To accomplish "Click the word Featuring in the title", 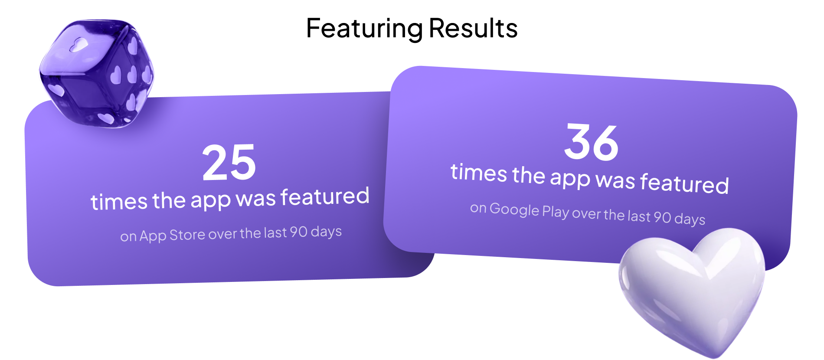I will click(364, 29).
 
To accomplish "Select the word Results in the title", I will click(473, 29).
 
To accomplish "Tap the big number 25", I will click(229, 163).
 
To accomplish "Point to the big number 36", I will click(591, 142).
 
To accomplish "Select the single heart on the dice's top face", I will click(79, 44).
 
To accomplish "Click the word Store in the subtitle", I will click(187, 235).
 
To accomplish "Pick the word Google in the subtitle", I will click(514, 209).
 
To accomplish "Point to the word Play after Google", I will click(556, 212).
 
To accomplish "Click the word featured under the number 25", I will click(325, 196).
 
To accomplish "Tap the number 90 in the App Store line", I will click(299, 232).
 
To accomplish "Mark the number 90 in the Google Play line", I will click(662, 216).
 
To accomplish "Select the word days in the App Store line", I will click(326, 232).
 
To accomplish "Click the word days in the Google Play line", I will click(690, 219).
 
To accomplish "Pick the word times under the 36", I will click(479, 172).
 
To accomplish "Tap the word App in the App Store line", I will click(153, 236).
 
